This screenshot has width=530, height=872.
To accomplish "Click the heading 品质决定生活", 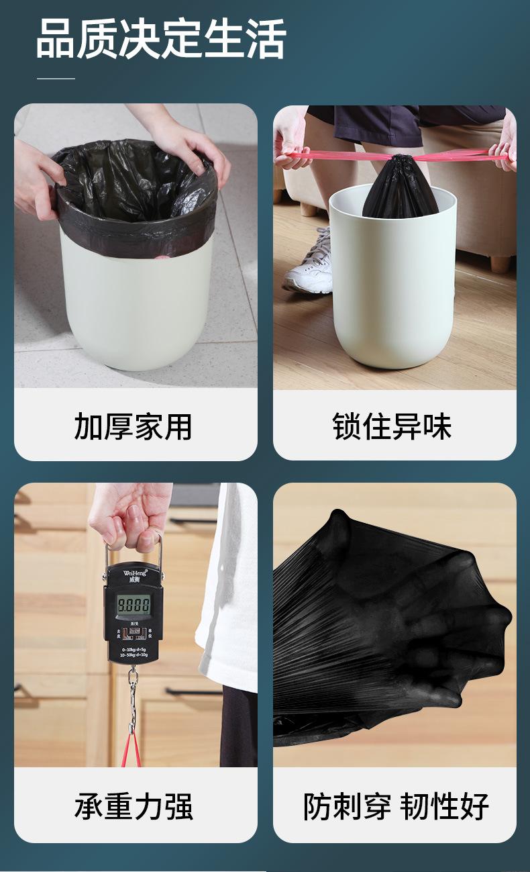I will pyautogui.click(x=161, y=39).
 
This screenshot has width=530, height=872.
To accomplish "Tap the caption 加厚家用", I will pyautogui.click(x=133, y=427).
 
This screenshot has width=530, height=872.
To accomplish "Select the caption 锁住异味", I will pyautogui.click(x=392, y=427).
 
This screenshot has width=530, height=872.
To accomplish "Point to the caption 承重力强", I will pyautogui.click(x=134, y=806).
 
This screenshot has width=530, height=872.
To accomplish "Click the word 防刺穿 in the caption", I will pyautogui.click(x=346, y=806).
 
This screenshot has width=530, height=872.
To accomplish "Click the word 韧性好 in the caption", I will pyautogui.click(x=445, y=806).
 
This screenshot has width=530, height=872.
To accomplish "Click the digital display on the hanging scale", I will pyautogui.click(x=134, y=605).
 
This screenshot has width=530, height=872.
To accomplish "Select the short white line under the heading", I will pyautogui.click(x=56, y=79).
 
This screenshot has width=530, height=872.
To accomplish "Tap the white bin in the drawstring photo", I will pyautogui.click(x=392, y=289).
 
